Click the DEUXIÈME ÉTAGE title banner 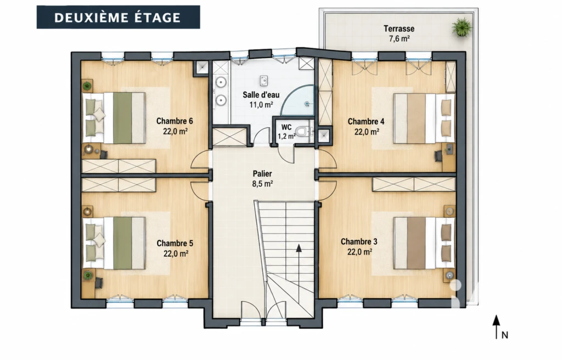119,17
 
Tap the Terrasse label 399,29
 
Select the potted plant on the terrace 461,27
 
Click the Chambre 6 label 175,121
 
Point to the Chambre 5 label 175,244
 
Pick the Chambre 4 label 366,121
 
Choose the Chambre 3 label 359,241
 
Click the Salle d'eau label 261,95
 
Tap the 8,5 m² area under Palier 262,184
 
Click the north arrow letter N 505,335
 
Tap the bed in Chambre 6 114,118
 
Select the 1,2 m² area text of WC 286,136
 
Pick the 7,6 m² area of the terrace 400,39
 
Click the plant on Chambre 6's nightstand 87,86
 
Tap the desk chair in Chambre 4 438,156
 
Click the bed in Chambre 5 114,243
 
